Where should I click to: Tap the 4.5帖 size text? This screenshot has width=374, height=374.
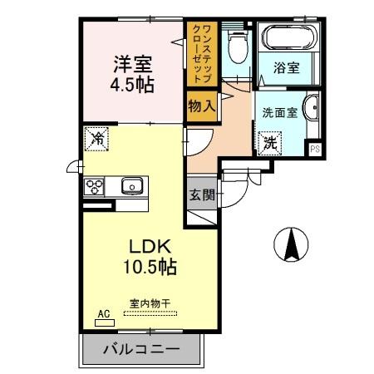pyautogui.click(x=132, y=84)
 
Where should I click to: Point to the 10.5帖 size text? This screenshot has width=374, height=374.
pyautogui.click(x=150, y=267)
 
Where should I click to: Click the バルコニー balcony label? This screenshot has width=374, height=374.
pyautogui.click(x=140, y=349)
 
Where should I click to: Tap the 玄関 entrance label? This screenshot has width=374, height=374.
pyautogui.click(x=202, y=195)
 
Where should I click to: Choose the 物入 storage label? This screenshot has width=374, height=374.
pyautogui.click(x=201, y=106)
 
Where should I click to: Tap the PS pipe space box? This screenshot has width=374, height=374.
pyautogui.click(x=315, y=149)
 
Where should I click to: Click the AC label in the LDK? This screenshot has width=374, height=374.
pyautogui.click(x=104, y=313)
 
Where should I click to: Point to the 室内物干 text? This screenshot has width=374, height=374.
pyautogui.click(x=150, y=304)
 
